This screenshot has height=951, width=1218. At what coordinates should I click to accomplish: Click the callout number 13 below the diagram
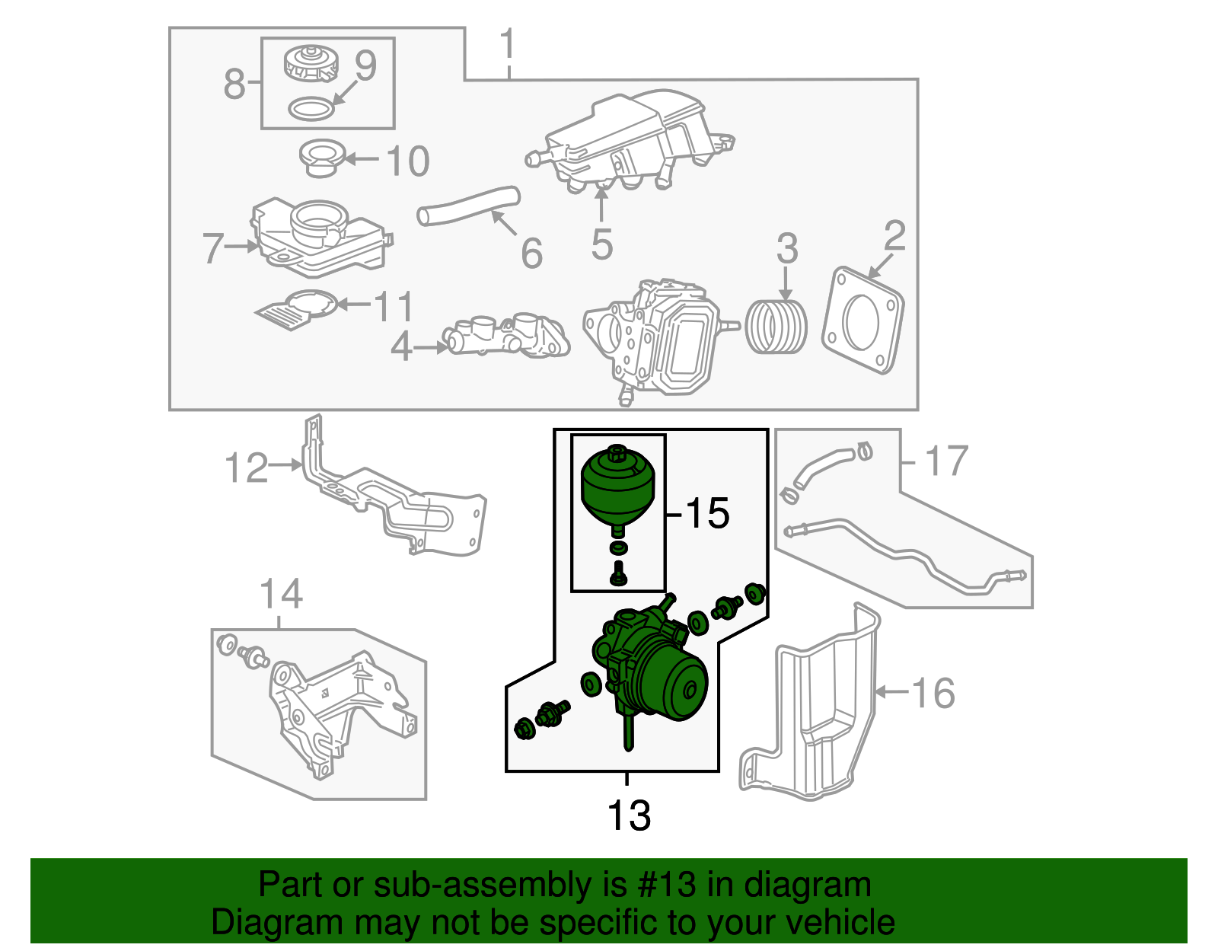(x=629, y=815)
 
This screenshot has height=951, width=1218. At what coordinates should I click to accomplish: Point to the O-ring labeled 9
(x=311, y=109)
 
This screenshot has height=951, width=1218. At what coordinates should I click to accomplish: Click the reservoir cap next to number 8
(x=311, y=63)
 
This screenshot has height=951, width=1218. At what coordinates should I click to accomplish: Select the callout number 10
(x=407, y=161)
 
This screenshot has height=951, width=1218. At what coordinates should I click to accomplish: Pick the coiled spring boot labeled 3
(x=775, y=327)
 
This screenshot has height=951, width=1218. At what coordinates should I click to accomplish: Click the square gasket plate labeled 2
(x=862, y=320)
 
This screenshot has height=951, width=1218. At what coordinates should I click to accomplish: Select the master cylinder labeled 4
(x=506, y=337)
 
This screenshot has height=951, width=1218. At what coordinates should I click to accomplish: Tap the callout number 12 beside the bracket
(x=247, y=468)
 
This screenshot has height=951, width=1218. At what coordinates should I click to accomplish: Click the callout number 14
(x=281, y=594)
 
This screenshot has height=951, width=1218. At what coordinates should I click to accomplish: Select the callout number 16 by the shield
(x=933, y=693)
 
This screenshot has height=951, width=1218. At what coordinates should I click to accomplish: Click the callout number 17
(x=946, y=461)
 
